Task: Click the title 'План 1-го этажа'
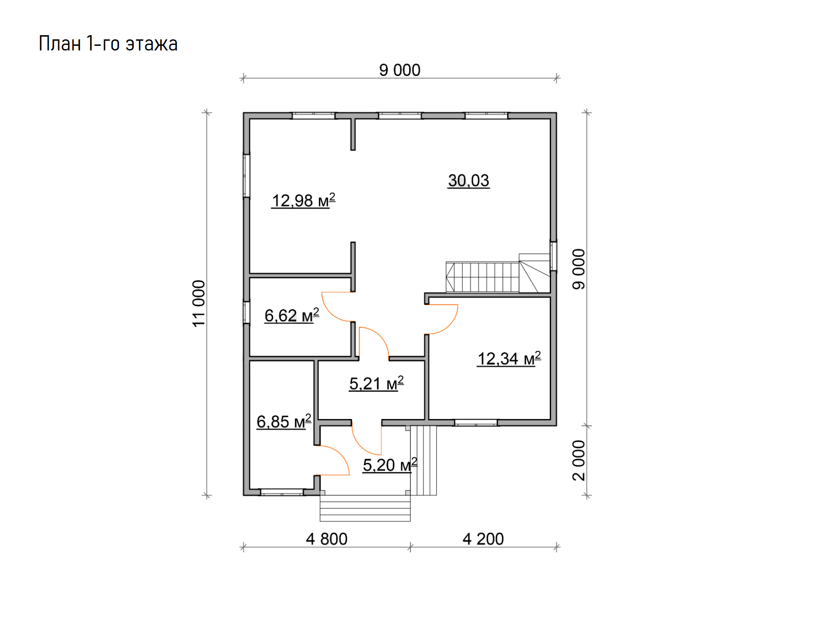tap(108, 44)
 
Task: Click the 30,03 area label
tap(468, 181)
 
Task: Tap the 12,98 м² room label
tap(303, 200)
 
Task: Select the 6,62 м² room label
tap(292, 315)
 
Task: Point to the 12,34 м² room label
tap(509, 358)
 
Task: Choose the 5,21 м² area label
tap(376, 383)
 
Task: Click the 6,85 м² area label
tap(284, 421)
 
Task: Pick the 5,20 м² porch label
tap(390, 465)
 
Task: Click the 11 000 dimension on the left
tap(199, 304)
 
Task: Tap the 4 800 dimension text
tap(326, 539)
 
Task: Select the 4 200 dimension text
tap(483, 539)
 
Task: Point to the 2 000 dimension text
tap(579, 461)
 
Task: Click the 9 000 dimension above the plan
tap(400, 70)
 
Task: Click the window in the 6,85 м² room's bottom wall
tap(281, 492)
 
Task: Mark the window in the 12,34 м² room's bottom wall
tap(476, 422)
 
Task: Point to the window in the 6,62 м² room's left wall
tap(247, 312)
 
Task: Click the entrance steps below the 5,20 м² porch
tap(365, 508)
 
